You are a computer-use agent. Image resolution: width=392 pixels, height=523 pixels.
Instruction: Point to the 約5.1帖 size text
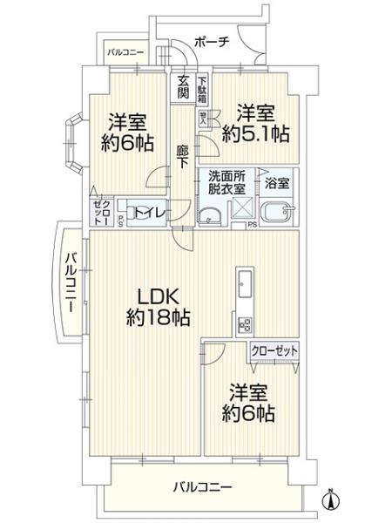pyautogui.click(x=255, y=133)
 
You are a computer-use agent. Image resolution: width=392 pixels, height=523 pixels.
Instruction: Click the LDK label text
pyautogui.click(x=154, y=295)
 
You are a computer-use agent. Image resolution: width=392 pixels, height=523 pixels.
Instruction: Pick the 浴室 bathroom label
pyautogui.click(x=279, y=184)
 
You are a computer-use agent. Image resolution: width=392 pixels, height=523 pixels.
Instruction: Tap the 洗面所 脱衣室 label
pyautogui.click(x=226, y=184)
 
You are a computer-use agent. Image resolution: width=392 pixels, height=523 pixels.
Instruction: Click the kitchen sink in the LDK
pyautogui.click(x=244, y=285)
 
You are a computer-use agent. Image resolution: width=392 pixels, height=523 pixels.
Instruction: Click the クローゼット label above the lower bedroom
pyautogui.click(x=274, y=350)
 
